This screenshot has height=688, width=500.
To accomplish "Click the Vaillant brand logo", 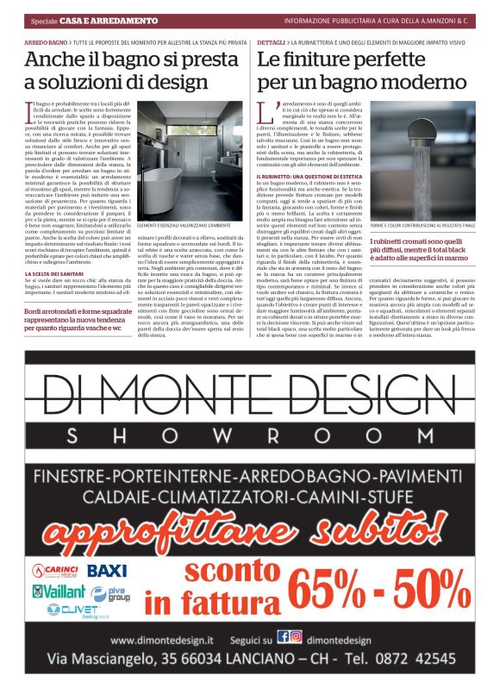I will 59,592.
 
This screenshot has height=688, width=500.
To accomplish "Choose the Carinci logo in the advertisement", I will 56,570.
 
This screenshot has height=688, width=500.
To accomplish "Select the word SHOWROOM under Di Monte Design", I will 250,434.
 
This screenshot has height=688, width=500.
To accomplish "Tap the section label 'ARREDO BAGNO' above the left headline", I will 46,41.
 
